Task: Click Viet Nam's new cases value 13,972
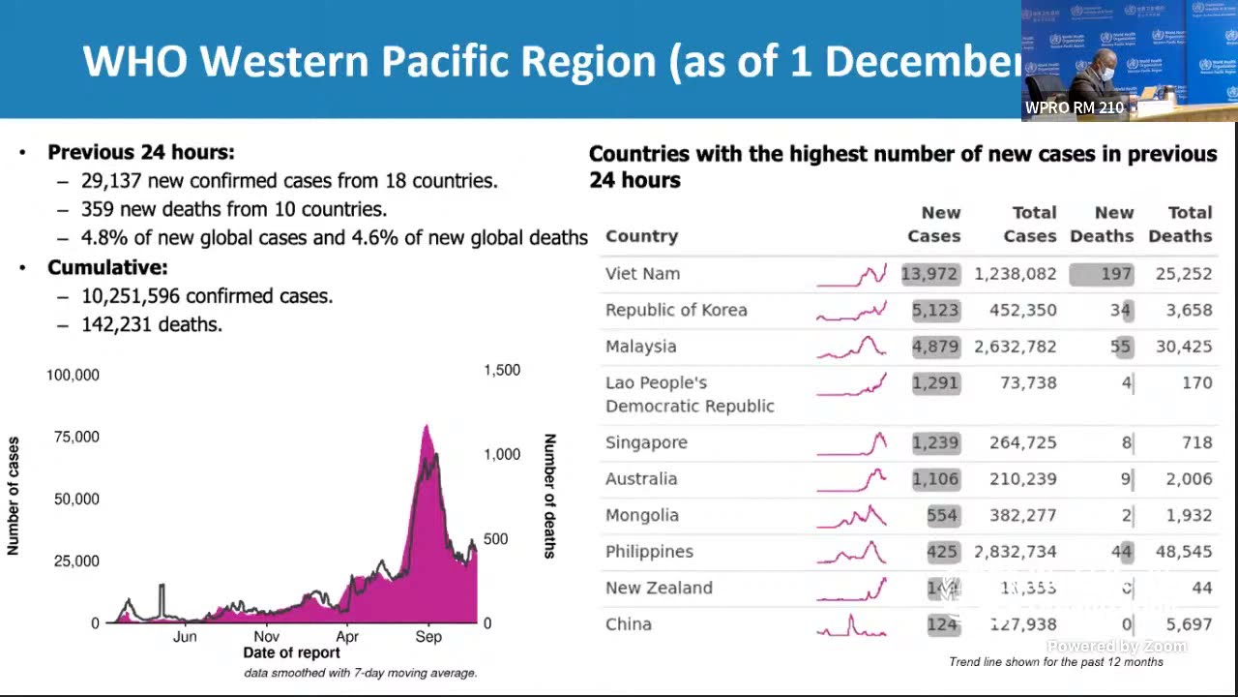[x=929, y=274]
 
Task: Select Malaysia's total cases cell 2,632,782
[x=1016, y=347]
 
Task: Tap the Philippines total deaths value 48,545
[x=1184, y=552]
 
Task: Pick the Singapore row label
[x=646, y=442]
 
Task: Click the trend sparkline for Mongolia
[x=851, y=516]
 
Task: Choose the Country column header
[x=641, y=236]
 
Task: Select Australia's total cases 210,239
[x=1022, y=479]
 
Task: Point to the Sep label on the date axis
[x=428, y=637]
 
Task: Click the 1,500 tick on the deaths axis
[x=501, y=370]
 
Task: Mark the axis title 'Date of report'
[x=291, y=653]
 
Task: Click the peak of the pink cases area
[x=427, y=426]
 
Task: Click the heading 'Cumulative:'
[x=107, y=267]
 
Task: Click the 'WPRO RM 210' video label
[x=1074, y=107]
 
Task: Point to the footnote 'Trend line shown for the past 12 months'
[x=1056, y=662]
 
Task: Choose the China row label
[x=629, y=624]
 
